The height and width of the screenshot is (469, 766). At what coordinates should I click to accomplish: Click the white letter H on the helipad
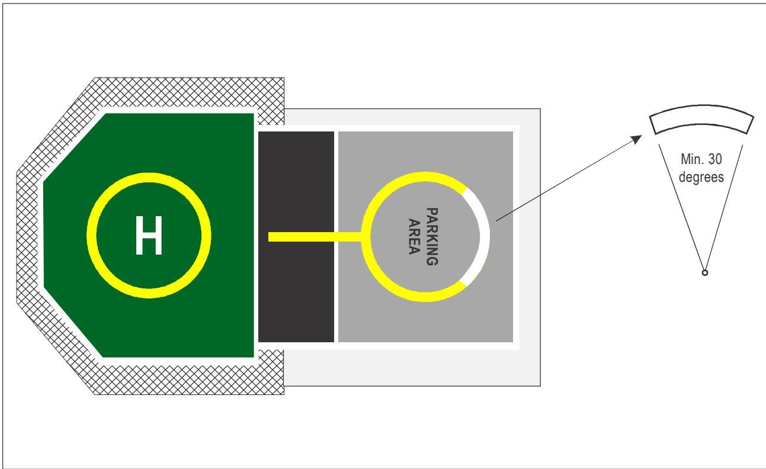tap(149, 235)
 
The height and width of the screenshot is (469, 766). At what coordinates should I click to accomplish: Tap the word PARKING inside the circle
tap(432, 236)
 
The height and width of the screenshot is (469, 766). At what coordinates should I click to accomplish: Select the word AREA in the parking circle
tap(414, 236)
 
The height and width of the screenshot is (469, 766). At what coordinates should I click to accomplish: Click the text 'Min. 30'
tap(701, 159)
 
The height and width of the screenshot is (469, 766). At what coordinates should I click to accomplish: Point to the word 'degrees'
tap(701, 177)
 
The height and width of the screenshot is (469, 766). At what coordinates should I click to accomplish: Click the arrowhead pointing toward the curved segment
tap(637, 139)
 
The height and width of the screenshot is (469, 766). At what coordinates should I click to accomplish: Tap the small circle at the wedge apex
tap(705, 273)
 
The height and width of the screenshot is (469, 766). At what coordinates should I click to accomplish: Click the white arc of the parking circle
tap(485, 236)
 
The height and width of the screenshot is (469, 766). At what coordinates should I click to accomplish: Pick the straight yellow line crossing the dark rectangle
tap(315, 237)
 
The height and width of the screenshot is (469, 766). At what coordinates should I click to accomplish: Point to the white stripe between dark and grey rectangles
tap(336, 236)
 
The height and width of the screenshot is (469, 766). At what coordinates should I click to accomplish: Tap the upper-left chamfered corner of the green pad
tap(74, 147)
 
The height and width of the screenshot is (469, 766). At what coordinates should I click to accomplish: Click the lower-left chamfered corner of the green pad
tap(73, 323)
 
